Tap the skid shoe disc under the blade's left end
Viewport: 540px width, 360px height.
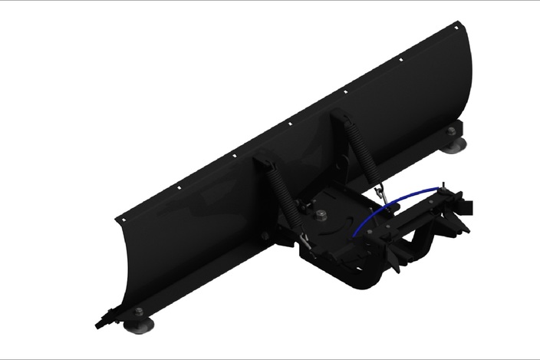139,325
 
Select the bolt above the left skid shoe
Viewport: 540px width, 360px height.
138,311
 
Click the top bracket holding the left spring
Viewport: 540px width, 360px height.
262,163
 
